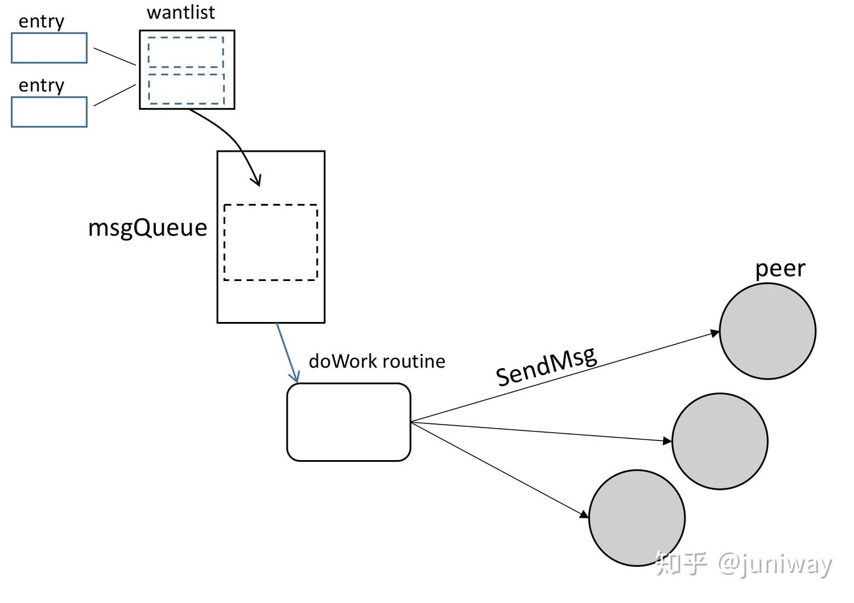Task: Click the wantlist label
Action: pyautogui.click(x=181, y=12)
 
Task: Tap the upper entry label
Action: pyautogui.click(x=42, y=22)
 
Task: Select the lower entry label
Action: pyautogui.click(x=42, y=86)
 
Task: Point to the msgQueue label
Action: pyautogui.click(x=148, y=228)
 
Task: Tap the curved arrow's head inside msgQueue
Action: pyautogui.click(x=258, y=182)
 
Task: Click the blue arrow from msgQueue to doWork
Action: pyautogui.click(x=287, y=353)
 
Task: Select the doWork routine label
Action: pyautogui.click(x=377, y=361)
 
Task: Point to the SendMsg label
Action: pyautogui.click(x=546, y=366)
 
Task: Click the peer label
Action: pyautogui.click(x=780, y=269)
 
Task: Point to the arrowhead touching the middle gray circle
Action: pyautogui.click(x=668, y=441)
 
